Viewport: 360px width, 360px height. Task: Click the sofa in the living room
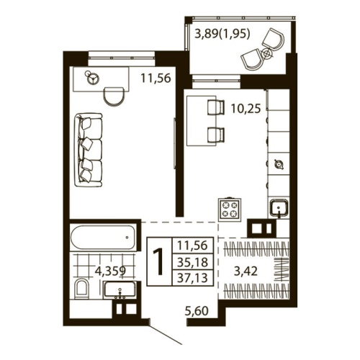point(89,149)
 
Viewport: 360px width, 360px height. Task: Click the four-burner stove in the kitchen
point(229,208)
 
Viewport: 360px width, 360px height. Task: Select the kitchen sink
point(277,210)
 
